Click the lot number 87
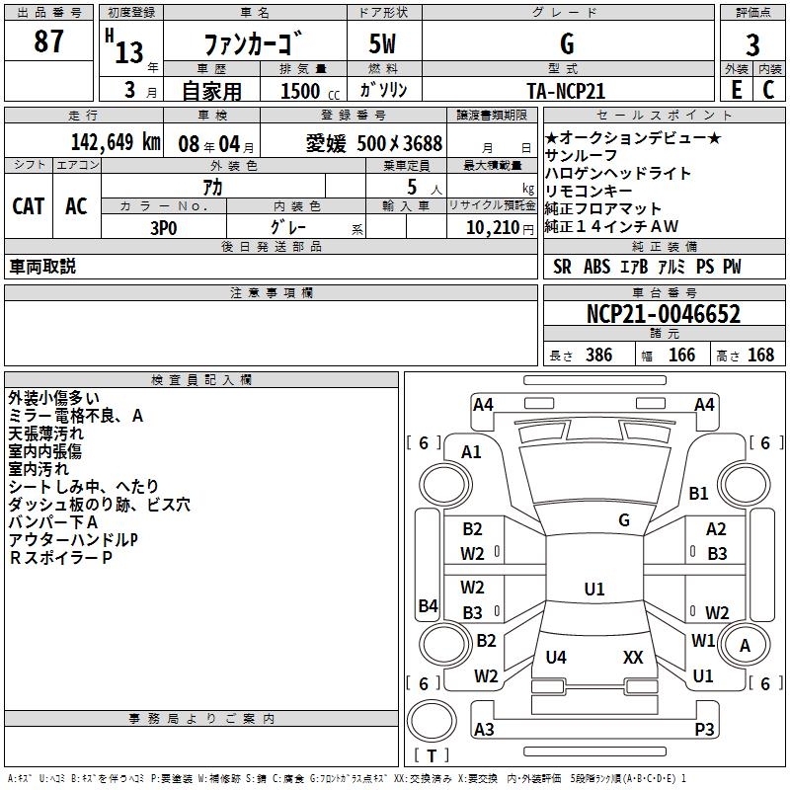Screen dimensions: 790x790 (x=48, y=41)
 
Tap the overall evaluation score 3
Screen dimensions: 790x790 (x=752, y=44)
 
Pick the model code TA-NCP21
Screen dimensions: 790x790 (x=566, y=90)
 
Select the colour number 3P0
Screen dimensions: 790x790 (x=163, y=225)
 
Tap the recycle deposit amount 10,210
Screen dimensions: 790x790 (x=491, y=226)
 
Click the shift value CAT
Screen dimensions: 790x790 (x=28, y=205)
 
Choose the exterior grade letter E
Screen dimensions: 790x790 (x=736, y=90)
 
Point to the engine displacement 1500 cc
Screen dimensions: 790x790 (x=300, y=91)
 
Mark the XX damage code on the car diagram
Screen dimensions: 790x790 (x=633, y=657)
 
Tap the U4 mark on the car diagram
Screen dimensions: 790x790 (x=556, y=657)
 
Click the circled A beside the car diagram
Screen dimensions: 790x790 (x=745, y=646)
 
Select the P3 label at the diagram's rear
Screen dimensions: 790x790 (x=704, y=729)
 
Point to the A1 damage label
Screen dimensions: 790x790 (x=471, y=451)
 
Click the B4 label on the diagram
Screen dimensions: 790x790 (x=428, y=605)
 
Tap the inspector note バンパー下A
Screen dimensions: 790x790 (x=52, y=522)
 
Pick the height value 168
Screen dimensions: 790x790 (x=760, y=355)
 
